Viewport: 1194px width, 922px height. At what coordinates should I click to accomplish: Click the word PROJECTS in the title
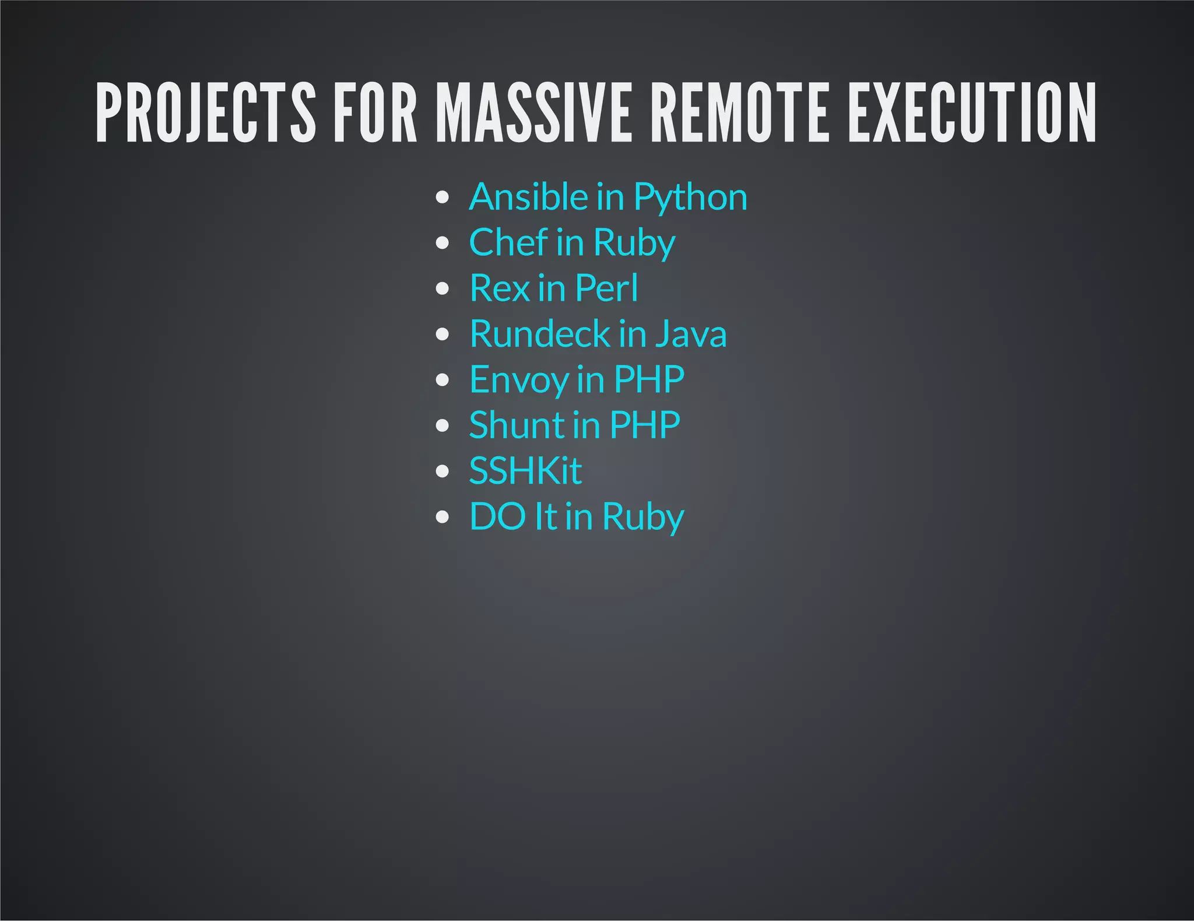[x=206, y=113]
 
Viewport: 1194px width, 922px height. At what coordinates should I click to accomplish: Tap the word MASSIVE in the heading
[x=535, y=113]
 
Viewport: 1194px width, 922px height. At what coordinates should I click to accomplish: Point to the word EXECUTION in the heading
[x=972, y=113]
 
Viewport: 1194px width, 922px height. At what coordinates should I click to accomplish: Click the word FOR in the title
[x=375, y=113]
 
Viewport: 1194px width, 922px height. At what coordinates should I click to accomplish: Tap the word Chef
[x=508, y=242]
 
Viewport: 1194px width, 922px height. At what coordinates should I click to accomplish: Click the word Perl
[x=606, y=288]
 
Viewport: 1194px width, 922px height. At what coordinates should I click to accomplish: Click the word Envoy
[x=519, y=380]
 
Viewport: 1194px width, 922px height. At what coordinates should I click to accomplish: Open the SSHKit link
[x=525, y=470]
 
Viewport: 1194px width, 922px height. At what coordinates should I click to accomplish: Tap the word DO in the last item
[x=498, y=516]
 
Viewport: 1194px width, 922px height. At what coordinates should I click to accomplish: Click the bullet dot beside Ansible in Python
[x=443, y=197]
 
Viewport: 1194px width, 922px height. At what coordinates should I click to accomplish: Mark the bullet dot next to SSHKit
[x=443, y=471]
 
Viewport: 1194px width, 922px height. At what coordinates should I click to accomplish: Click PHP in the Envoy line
[x=649, y=379]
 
